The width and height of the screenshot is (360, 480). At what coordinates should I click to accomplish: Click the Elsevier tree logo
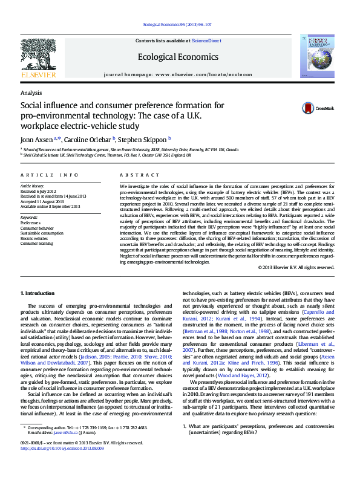coord(38,57)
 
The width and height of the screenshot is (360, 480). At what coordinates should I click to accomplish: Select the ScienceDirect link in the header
coord(206,41)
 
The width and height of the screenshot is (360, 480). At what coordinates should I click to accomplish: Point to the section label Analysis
coord(31,92)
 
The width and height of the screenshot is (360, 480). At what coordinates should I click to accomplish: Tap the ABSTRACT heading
coord(133,175)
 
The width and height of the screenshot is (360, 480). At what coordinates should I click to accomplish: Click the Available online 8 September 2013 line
coord(50,206)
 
